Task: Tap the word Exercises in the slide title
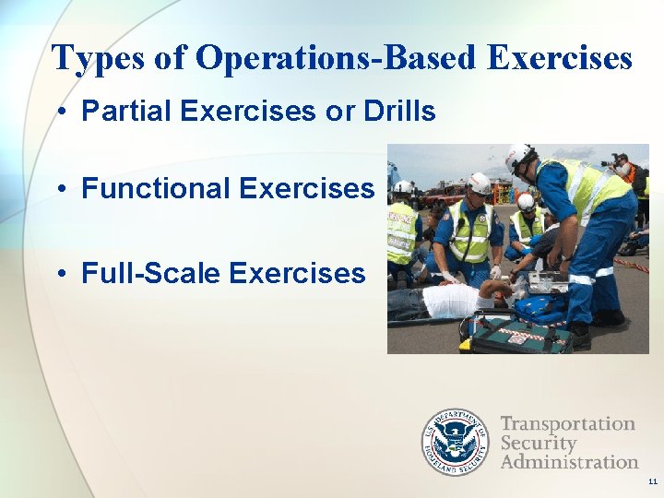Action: pyautogui.click(x=559, y=58)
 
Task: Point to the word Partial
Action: pyautogui.click(x=126, y=112)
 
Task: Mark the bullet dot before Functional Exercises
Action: pyautogui.click(x=58, y=190)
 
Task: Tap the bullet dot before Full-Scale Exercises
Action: pyautogui.click(x=58, y=275)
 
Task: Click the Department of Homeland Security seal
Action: pyautogui.click(x=455, y=442)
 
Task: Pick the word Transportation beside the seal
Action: pyautogui.click(x=568, y=424)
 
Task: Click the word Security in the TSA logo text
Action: pyautogui.click(x=539, y=443)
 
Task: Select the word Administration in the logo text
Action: pyautogui.click(x=569, y=461)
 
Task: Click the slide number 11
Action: pyautogui.click(x=652, y=482)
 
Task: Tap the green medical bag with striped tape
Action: pyautogui.click(x=516, y=332)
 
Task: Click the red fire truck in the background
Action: pyautogui.click(x=444, y=195)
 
